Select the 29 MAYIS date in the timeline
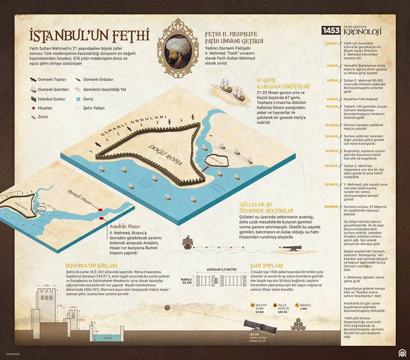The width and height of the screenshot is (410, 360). [x=331, y=206]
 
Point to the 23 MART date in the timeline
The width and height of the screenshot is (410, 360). [x=331, y=43]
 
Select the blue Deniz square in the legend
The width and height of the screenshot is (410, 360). [x=78, y=99]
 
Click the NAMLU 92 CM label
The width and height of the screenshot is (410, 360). [x=186, y=280]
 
